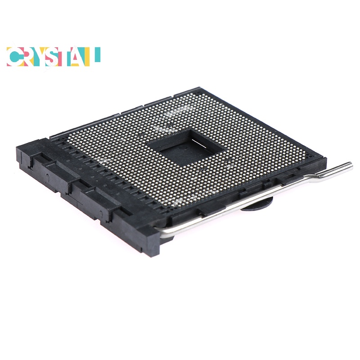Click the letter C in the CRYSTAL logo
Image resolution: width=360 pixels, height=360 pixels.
[14, 57]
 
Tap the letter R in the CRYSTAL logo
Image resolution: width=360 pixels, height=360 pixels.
[29, 57]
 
